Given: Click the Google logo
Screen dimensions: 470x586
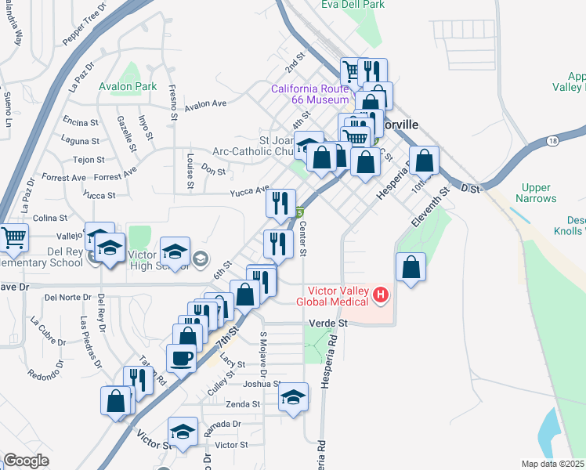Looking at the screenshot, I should tap(26, 461).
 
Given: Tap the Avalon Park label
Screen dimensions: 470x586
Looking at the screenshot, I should tap(128, 86).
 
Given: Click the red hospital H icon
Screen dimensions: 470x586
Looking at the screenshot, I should tap(381, 295).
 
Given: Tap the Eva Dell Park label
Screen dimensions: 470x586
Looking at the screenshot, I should tap(352, 5).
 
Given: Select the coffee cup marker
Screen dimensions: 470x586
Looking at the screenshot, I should tap(181, 359).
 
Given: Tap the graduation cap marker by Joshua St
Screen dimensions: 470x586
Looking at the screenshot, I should tap(293, 396).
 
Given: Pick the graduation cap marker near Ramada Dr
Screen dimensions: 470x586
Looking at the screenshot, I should tap(183, 432).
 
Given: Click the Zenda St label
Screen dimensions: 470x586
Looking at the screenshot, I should tap(243, 404).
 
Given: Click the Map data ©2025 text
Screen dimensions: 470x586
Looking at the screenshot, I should tap(552, 464).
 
